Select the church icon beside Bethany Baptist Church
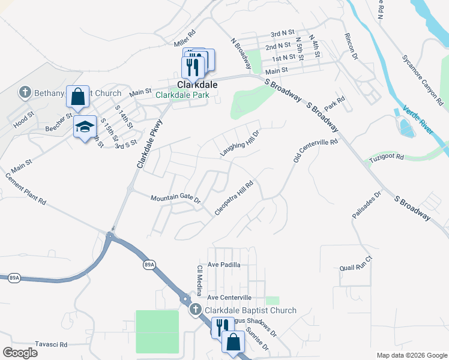coord(25,92)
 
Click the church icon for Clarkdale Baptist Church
coord(195,310)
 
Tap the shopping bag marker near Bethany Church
coord(77,95)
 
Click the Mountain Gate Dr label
coord(175,198)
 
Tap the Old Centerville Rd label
coord(316,151)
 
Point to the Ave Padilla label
coord(224,265)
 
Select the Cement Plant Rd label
coord(26,190)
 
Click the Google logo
coord(20,353)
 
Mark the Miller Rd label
coord(185,40)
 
